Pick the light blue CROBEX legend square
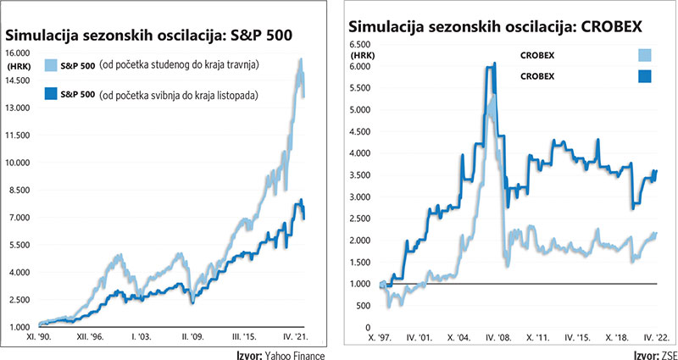(646, 56)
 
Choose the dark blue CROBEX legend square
(646, 76)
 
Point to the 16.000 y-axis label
(19, 53)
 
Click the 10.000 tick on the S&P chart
(19, 162)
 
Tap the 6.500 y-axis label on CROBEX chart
(361, 43)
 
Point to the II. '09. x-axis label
(194, 338)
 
